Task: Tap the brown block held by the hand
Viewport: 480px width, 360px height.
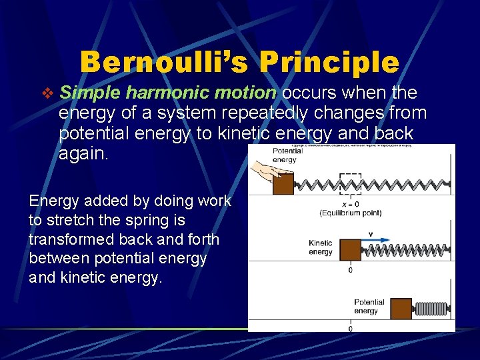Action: click(x=283, y=185)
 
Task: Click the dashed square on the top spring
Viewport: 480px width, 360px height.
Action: click(x=350, y=184)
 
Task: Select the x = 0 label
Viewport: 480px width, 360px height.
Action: click(x=350, y=205)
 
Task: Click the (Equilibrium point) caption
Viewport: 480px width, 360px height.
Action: click(x=350, y=213)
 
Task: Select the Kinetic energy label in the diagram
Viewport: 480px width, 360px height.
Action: click(x=321, y=247)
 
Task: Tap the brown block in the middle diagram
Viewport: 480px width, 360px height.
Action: click(x=351, y=250)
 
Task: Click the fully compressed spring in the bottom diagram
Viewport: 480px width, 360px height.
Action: click(x=431, y=309)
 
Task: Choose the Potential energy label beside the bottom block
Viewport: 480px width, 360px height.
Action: click(x=369, y=306)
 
